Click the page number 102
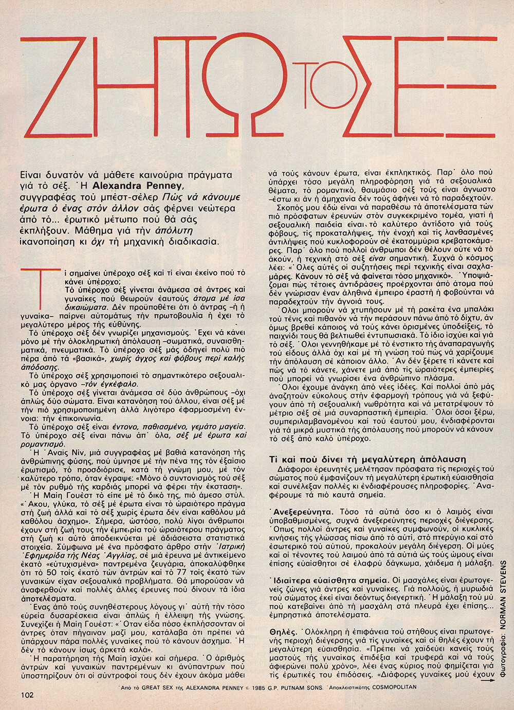pyautogui.click(x=28, y=695)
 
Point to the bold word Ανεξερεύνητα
pyautogui.click(x=302, y=512)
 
